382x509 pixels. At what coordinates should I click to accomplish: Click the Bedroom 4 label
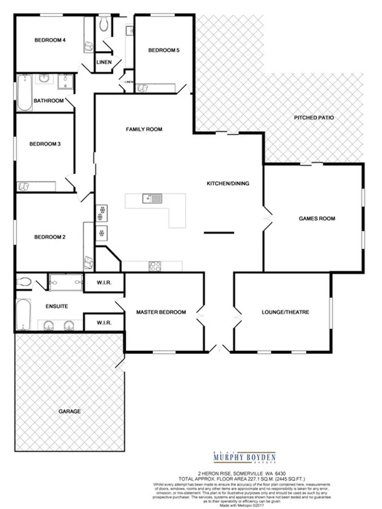50,40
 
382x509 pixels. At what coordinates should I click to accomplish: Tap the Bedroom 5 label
163,50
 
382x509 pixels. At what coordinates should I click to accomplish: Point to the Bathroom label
49,100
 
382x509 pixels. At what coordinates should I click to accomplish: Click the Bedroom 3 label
44,143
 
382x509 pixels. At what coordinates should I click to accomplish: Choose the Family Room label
144,129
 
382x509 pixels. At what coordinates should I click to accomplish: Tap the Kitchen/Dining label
228,183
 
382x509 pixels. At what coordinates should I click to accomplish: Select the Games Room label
316,218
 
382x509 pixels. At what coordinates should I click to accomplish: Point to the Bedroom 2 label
50,237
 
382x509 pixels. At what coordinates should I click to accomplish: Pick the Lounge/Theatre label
286,312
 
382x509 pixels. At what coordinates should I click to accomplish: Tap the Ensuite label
56,307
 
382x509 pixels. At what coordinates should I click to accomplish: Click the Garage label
69,411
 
